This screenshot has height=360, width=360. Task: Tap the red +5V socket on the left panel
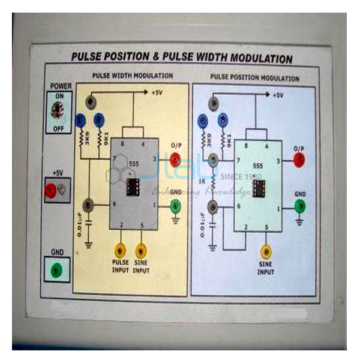coord(50,190)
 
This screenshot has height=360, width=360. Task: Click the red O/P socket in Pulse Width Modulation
coord(175,158)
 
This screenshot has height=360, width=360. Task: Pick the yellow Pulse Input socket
coord(121,248)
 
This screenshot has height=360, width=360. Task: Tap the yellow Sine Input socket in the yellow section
coord(142,248)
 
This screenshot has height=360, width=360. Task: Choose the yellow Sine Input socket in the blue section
coord(266,251)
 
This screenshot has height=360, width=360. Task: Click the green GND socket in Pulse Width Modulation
coord(175,206)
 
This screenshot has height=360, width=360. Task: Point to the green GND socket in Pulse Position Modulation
coord(299,208)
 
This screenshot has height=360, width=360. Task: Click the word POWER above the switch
coord(61,86)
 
